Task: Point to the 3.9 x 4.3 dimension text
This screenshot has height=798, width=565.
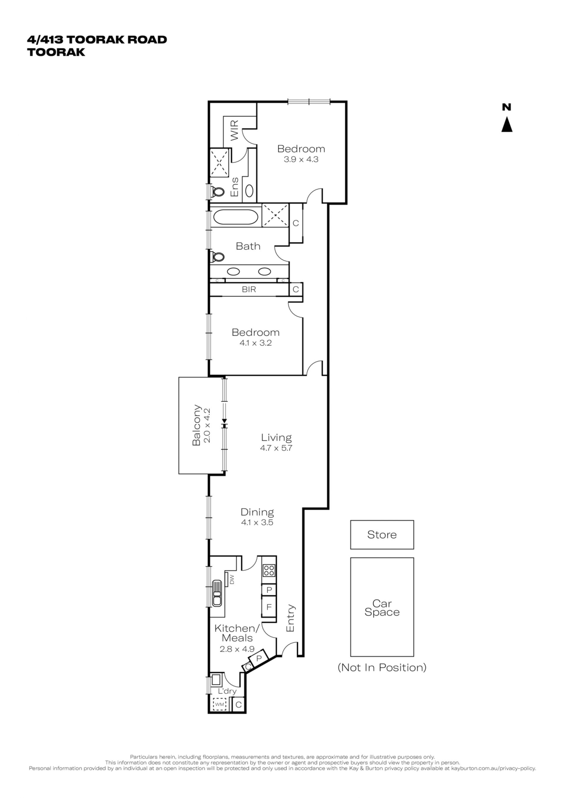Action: tap(301, 160)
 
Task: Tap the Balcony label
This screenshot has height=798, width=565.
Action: tap(197, 425)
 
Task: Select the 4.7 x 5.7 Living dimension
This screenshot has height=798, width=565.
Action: tap(276, 448)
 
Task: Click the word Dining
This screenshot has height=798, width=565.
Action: tap(257, 512)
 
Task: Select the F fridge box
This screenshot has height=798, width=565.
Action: tap(269, 607)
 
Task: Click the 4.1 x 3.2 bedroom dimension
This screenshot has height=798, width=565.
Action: tap(255, 343)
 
